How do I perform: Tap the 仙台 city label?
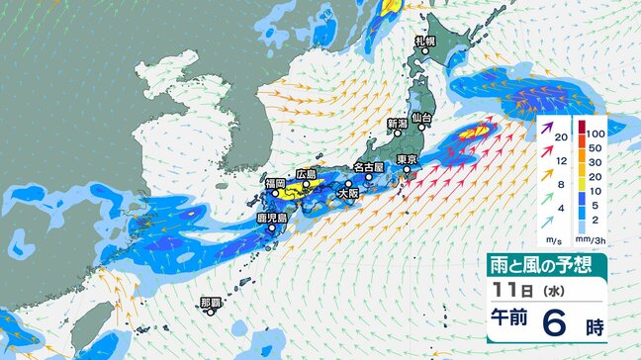click(x=421, y=118)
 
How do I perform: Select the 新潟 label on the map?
click(x=397, y=123)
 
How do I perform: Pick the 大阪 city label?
click(x=348, y=193)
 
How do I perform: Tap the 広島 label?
click(x=306, y=174)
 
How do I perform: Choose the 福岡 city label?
click(x=274, y=184)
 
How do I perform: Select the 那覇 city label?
click(x=210, y=301)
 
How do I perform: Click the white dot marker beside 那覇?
click(x=211, y=312)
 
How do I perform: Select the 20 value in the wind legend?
click(x=561, y=137)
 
